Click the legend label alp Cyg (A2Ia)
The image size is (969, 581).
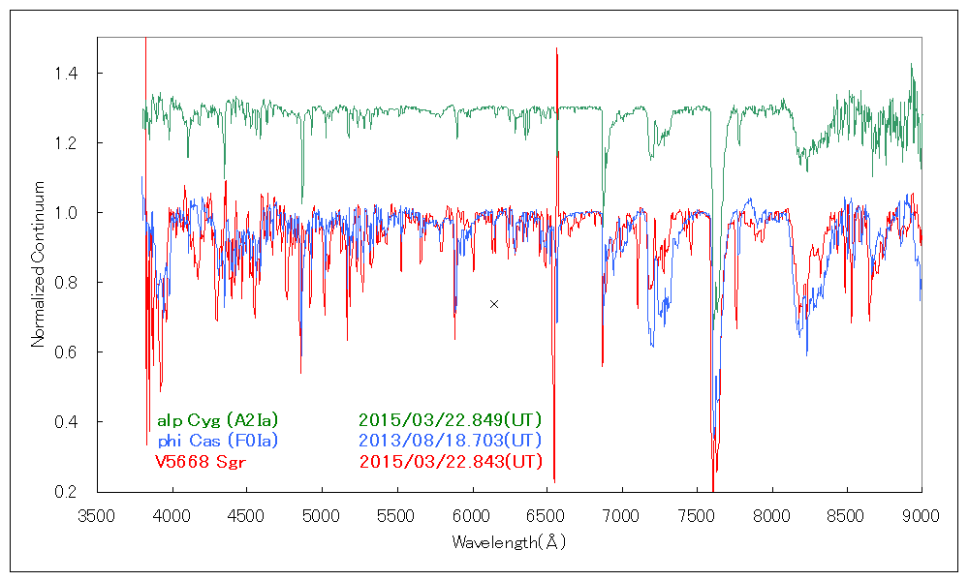(x=217, y=420)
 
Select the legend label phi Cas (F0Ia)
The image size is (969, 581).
(x=217, y=441)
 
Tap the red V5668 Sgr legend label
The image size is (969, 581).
(x=201, y=461)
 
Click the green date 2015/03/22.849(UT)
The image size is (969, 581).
(x=450, y=420)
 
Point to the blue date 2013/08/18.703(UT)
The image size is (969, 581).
(x=450, y=441)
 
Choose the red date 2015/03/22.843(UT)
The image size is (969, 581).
(x=450, y=461)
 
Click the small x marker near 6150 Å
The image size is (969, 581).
(x=494, y=304)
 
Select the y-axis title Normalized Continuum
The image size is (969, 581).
(x=39, y=263)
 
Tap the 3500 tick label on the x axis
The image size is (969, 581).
(x=97, y=515)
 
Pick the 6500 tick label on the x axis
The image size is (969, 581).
(x=547, y=515)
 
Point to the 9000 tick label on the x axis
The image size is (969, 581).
(x=921, y=515)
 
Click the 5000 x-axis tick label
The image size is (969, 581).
(x=322, y=515)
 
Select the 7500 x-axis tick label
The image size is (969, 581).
(x=697, y=515)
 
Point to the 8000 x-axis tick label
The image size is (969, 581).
(x=771, y=515)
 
